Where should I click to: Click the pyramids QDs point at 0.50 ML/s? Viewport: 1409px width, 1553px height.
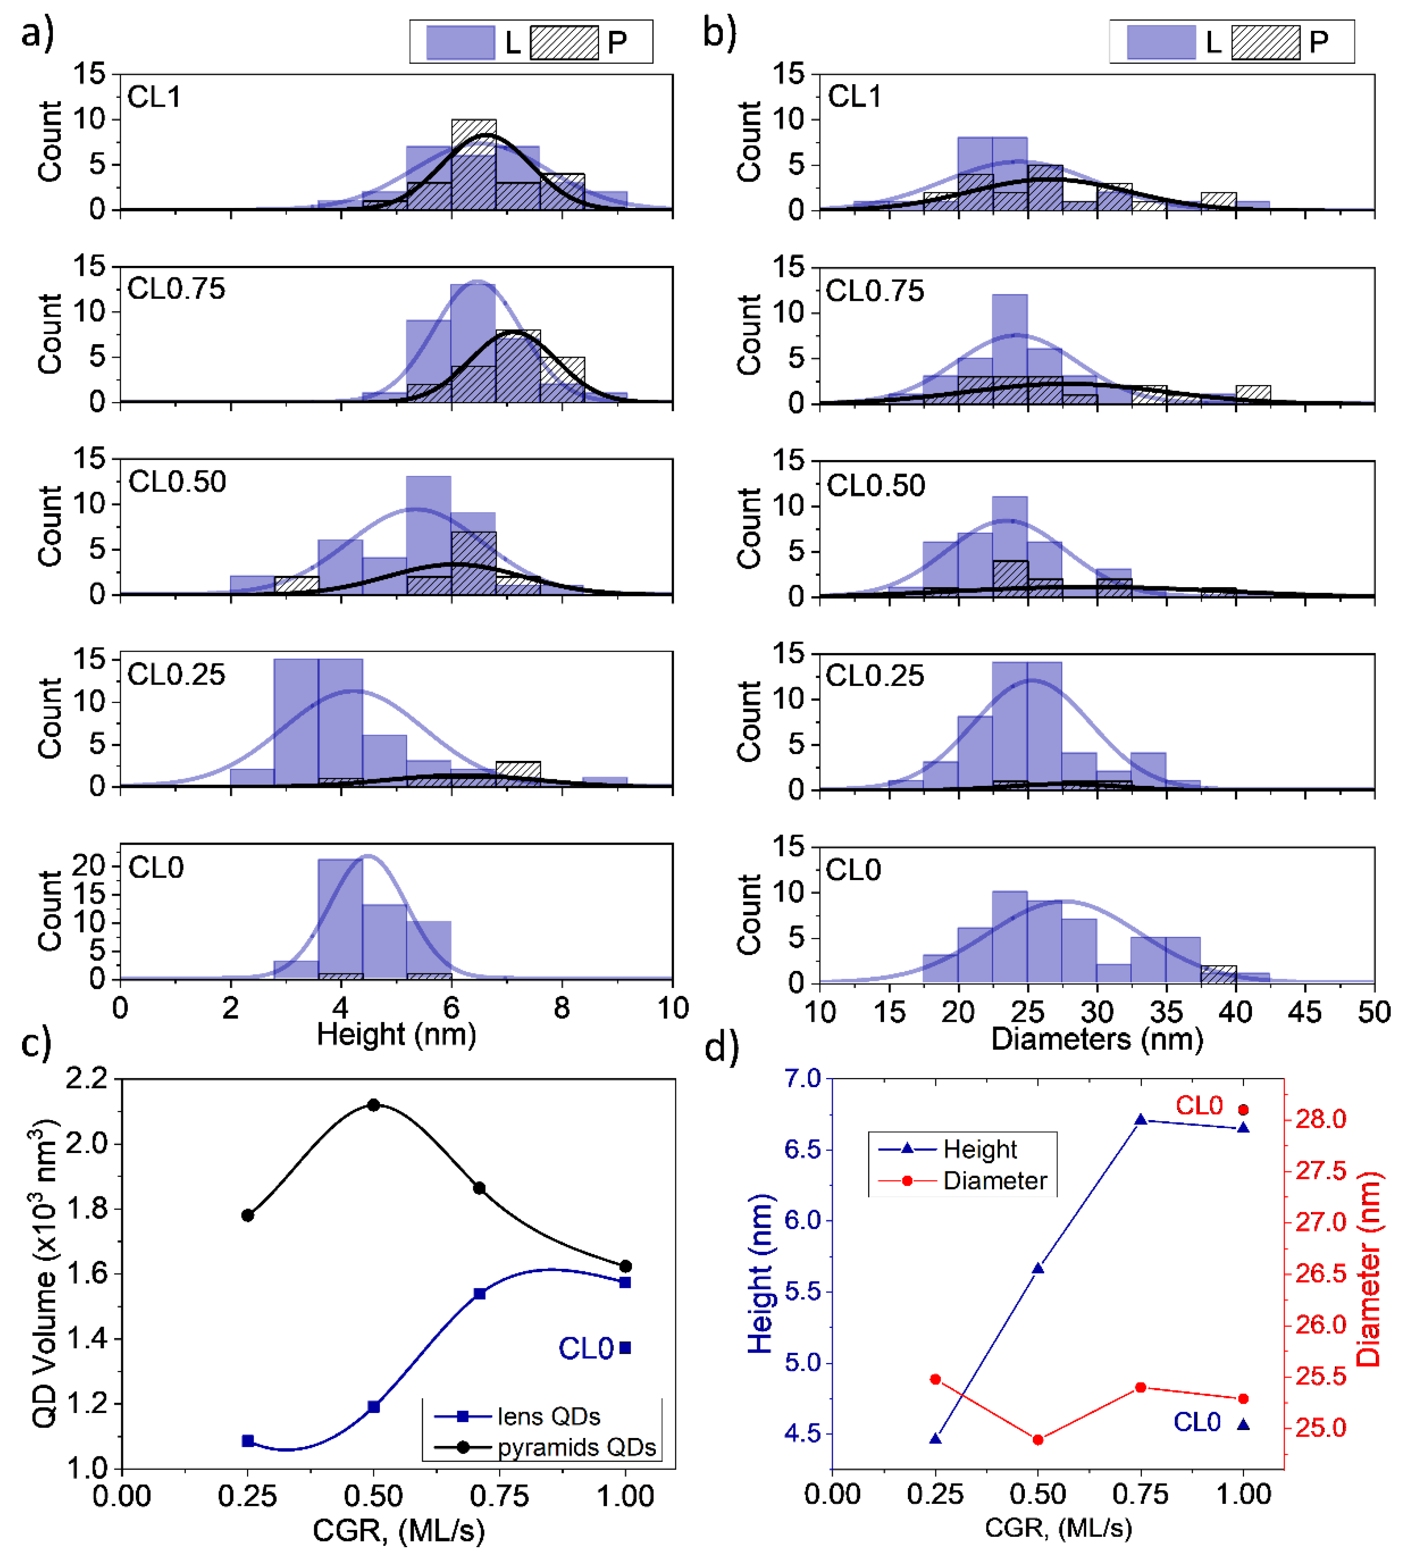coord(374,1105)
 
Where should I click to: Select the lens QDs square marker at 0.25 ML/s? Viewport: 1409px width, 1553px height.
coord(248,1440)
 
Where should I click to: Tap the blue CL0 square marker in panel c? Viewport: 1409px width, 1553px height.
coord(625,1347)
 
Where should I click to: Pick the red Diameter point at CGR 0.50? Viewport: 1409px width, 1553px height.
coord(1038,1440)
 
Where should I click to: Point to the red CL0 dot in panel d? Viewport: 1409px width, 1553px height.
coord(1243,1109)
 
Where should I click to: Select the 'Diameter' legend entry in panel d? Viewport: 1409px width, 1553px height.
coord(994,1181)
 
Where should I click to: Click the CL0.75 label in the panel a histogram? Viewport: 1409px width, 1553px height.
coord(176,289)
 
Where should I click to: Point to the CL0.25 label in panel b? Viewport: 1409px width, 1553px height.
coord(874,675)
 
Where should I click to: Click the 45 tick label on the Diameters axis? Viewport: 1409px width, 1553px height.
coord(1304,1011)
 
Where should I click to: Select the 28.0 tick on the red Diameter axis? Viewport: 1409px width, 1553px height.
coord(1320,1118)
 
